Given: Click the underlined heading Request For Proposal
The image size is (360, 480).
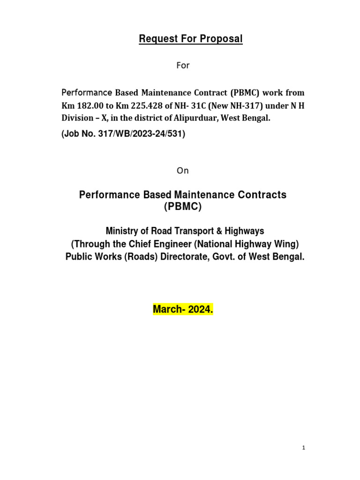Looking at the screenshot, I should coord(190,39).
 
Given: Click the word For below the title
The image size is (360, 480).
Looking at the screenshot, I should coord(183,66).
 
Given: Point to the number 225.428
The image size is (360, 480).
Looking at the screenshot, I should coord(137,106).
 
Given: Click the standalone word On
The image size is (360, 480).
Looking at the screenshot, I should coord(183,171).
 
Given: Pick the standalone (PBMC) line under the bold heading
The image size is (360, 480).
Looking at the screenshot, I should coord(183,207).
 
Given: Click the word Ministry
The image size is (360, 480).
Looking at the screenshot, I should coord(124,231).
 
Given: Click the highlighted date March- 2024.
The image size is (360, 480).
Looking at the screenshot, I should coord(183,310).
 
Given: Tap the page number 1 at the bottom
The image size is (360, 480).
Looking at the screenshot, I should coord(304,448).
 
